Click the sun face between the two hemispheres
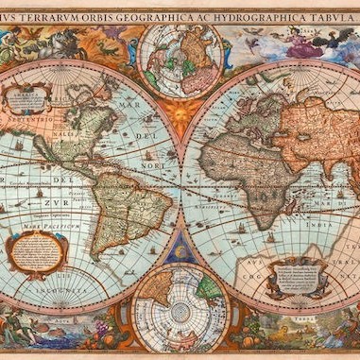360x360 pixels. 180,116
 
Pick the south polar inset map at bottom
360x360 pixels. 179,307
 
